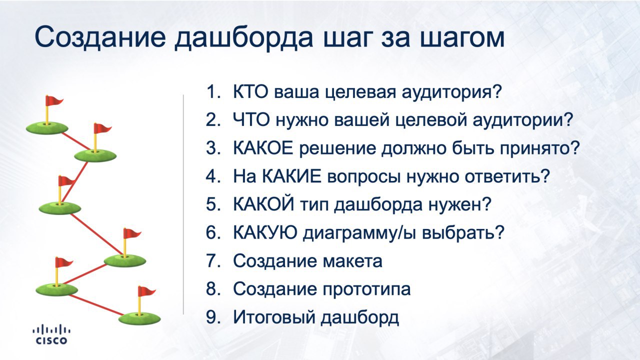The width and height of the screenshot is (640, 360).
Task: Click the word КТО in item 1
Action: tap(251, 91)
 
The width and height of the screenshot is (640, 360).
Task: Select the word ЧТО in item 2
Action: tap(251, 119)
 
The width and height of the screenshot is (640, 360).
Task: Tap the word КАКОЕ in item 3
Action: tap(263, 148)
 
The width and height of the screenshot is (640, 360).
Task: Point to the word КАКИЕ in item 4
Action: tap(291, 176)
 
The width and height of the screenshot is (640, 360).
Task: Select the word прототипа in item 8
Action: tap(366, 289)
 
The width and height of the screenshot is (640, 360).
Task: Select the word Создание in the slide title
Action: tap(100, 37)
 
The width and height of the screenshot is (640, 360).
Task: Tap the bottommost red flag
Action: tap(146, 291)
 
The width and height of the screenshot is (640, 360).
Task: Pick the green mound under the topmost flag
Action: tap(47, 127)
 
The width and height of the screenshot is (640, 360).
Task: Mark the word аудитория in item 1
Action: tap(452, 92)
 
